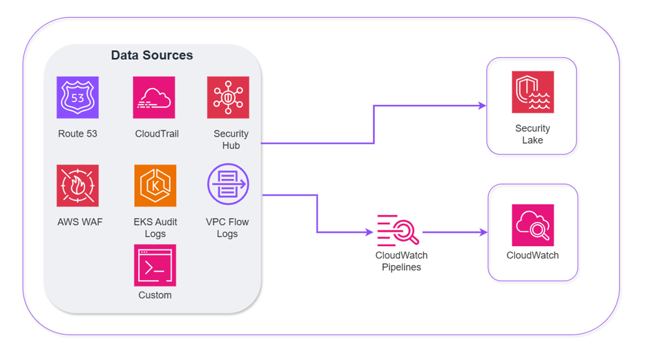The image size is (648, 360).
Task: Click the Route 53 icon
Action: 77,98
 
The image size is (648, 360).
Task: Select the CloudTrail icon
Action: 154,98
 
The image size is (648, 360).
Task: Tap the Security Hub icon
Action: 228,98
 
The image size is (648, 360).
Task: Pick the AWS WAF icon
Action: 77,186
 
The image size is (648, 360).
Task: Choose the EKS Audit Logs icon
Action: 155,186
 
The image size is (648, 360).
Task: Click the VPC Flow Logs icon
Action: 228,184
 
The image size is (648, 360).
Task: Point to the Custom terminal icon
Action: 155,265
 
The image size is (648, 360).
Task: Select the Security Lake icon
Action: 533,92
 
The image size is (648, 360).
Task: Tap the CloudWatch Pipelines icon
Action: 398,230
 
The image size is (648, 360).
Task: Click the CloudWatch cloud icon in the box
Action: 533,225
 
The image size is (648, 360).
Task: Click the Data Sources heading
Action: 152,55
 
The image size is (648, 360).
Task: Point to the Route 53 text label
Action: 78,134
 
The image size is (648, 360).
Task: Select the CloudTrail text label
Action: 157,134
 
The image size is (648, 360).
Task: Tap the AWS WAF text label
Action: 80,222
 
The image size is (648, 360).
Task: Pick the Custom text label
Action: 155,296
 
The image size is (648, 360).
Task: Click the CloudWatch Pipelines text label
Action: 401,261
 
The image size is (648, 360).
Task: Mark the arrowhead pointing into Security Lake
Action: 482,105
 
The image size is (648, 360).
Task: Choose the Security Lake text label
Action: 532,134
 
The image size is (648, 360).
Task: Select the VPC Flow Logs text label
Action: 227,228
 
